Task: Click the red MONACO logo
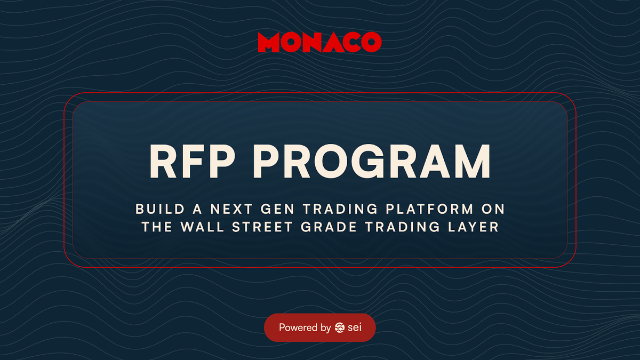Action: [x=319, y=42]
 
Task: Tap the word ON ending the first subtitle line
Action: [x=494, y=209]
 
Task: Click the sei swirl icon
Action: [x=340, y=327]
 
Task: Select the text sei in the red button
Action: [x=354, y=327]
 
